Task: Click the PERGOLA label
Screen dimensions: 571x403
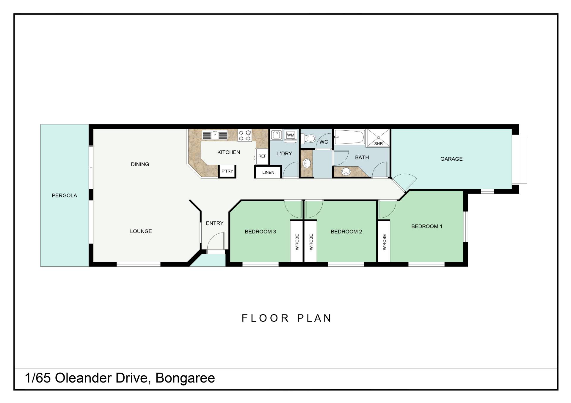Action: pos(64,195)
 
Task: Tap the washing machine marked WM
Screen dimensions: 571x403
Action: pos(291,135)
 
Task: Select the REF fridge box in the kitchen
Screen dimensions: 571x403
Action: pos(262,156)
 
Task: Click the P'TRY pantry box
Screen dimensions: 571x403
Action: pos(227,171)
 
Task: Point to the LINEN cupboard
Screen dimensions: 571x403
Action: pos(268,172)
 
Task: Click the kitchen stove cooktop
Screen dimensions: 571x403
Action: pos(244,135)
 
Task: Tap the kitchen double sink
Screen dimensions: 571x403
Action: pos(215,135)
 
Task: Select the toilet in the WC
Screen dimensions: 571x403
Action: pos(308,138)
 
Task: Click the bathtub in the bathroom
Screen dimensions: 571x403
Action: pos(350,137)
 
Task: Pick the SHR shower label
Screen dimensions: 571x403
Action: pos(378,144)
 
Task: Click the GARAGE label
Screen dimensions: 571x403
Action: pos(451,159)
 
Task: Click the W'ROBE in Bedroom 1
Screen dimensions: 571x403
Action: pos(384,242)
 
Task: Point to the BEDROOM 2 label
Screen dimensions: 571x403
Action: pos(346,232)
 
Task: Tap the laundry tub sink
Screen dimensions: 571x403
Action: pos(277,135)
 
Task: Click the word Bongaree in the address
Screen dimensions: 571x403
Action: pos(185,378)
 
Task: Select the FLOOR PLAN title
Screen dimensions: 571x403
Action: pos(287,318)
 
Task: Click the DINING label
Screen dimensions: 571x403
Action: pos(140,164)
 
